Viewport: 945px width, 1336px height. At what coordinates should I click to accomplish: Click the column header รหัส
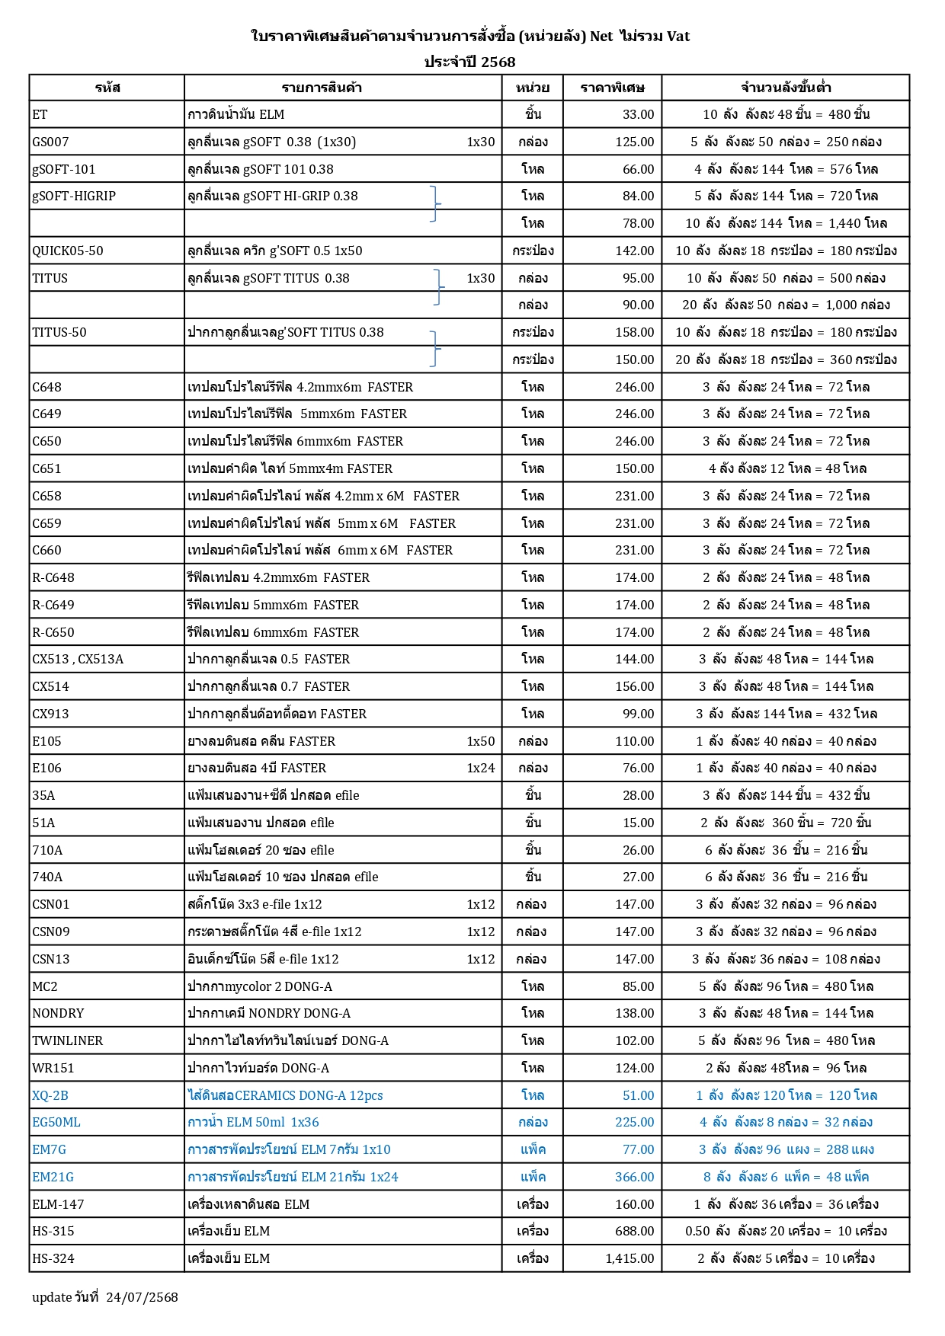(107, 88)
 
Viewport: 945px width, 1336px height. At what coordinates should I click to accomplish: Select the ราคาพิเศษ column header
(612, 88)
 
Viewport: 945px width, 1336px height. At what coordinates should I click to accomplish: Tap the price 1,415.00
(629, 1258)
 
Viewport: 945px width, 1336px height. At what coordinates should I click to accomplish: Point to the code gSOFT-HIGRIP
(74, 196)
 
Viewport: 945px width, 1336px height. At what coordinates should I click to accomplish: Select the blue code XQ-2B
(50, 1095)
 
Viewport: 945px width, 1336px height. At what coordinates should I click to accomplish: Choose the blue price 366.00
(634, 1177)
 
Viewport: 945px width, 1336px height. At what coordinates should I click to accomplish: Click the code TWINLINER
(67, 1040)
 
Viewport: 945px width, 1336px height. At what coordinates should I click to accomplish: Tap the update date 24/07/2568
(142, 1297)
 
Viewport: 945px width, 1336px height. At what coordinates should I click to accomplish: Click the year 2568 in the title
(498, 62)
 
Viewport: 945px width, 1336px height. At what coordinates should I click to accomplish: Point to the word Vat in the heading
(678, 36)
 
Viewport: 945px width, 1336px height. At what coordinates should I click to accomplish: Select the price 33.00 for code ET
(638, 114)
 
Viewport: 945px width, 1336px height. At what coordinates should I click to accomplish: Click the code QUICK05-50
(67, 251)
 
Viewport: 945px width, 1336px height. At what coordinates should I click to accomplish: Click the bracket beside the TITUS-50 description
(434, 348)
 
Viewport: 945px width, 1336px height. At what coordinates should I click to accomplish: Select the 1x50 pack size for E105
(480, 741)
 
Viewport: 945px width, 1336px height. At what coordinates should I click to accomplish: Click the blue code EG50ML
(56, 1122)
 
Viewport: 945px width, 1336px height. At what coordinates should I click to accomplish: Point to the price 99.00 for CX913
(638, 714)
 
